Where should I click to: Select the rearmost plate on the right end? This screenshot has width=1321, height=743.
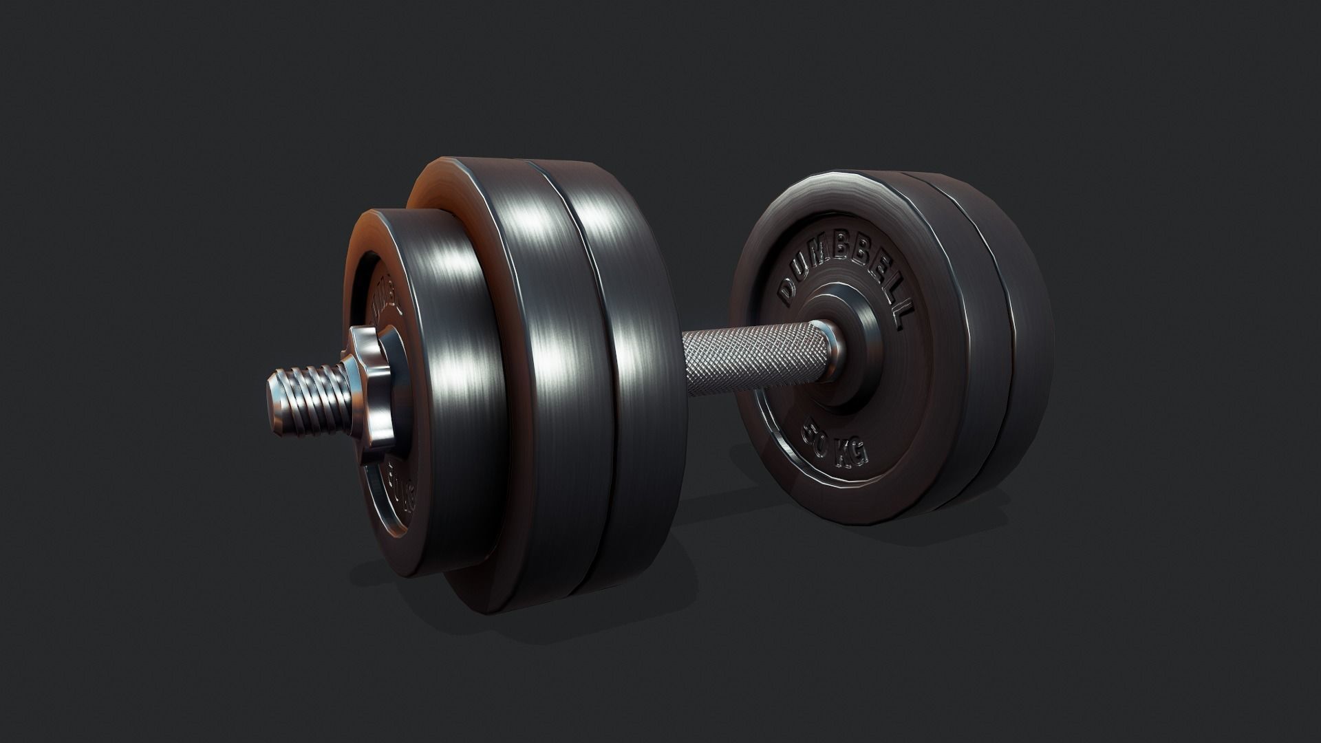click(x=1005, y=330)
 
